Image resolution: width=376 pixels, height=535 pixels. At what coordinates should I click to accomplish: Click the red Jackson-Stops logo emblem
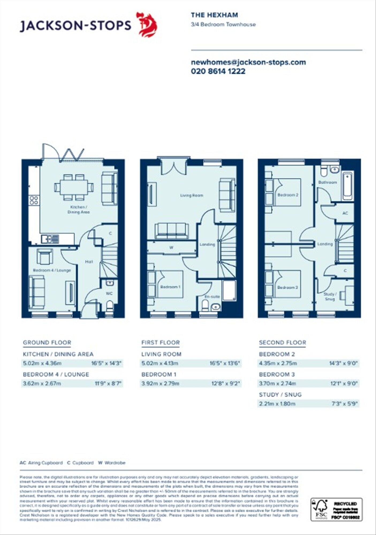click(x=147, y=24)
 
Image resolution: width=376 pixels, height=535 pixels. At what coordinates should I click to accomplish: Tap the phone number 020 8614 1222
click(x=218, y=71)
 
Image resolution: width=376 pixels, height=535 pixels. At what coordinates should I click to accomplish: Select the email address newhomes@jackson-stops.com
click(x=248, y=62)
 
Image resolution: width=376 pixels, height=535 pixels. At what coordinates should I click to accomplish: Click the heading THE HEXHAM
click(x=214, y=15)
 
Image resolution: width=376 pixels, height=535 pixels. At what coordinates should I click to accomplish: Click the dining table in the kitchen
click(x=74, y=187)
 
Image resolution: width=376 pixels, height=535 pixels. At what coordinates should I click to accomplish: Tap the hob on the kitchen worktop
click(x=34, y=200)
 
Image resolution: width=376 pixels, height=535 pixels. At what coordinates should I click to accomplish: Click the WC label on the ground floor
click(x=109, y=294)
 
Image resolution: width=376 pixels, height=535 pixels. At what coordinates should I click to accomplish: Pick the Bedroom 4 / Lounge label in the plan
click(x=52, y=270)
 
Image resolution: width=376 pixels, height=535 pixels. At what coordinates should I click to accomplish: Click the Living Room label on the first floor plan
click(x=192, y=195)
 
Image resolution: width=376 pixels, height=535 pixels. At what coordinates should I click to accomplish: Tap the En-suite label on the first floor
click(x=212, y=297)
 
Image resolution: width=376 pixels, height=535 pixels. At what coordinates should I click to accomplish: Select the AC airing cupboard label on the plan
click(x=345, y=213)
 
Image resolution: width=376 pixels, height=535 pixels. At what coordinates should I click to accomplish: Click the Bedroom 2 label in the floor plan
click(x=288, y=195)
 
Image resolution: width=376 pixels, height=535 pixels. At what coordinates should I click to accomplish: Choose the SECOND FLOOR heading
click(x=282, y=343)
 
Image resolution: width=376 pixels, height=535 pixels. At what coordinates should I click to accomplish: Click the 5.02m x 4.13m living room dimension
click(x=160, y=363)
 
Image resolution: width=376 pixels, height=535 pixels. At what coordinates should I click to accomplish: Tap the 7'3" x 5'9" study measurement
click(x=344, y=404)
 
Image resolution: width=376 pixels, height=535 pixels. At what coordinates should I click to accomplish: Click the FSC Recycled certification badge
click(x=336, y=509)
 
